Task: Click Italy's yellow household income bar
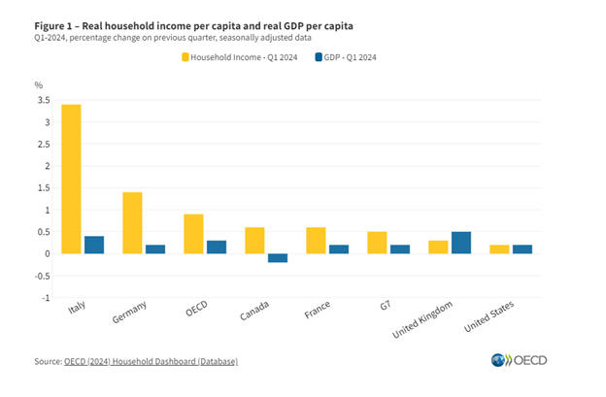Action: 72,179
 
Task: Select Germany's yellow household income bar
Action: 132,222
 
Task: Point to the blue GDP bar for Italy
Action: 93,245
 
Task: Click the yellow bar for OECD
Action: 193,234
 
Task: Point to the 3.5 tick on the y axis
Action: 44,100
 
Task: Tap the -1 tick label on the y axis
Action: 46,298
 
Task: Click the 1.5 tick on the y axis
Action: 44,187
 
